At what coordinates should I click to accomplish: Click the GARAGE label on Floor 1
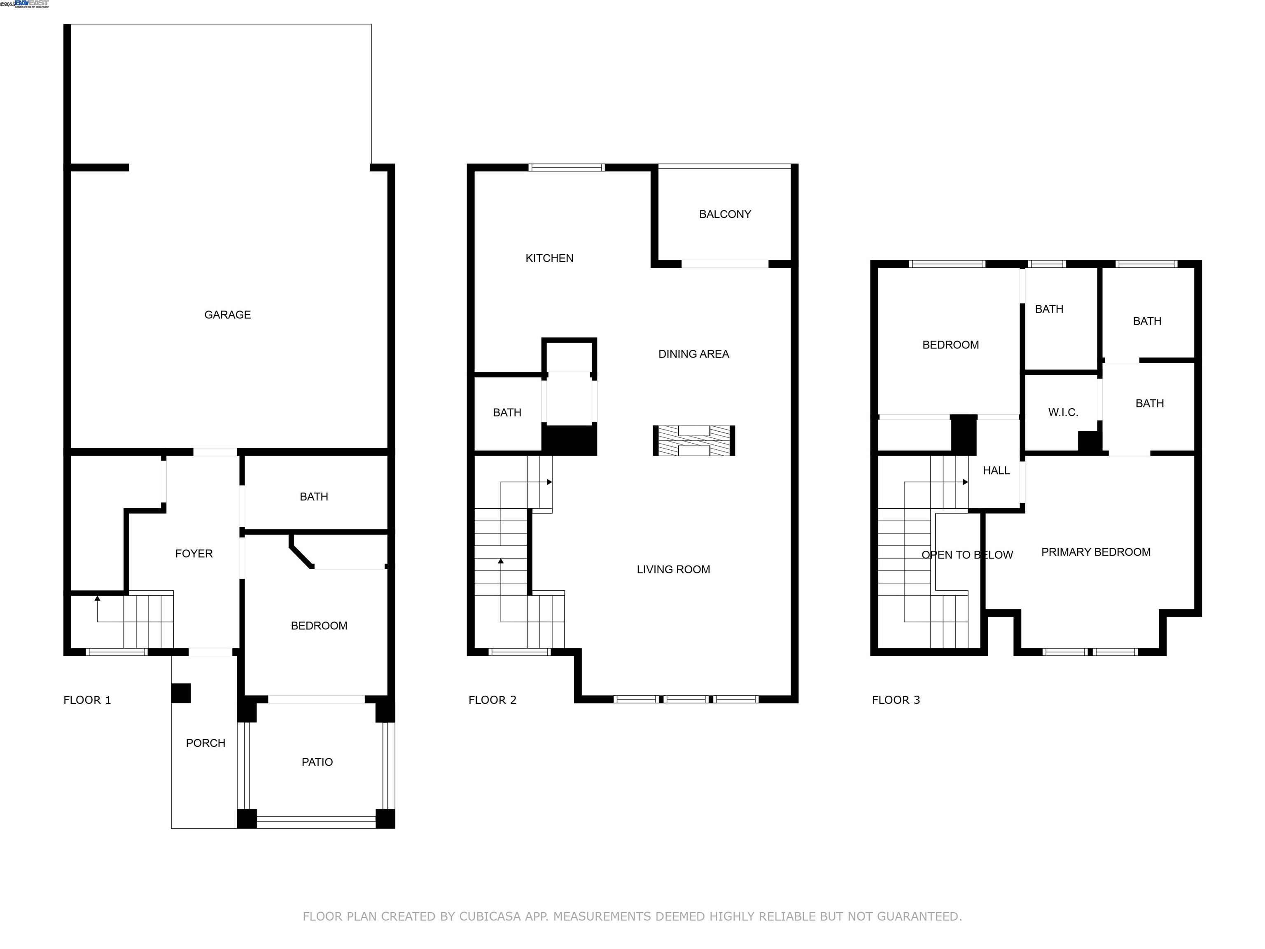point(228,315)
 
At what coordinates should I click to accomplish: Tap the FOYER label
point(194,553)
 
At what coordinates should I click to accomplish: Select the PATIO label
point(317,762)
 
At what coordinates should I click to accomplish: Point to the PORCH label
point(205,743)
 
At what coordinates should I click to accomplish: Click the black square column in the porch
point(181,693)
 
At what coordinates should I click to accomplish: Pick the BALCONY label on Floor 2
point(725,214)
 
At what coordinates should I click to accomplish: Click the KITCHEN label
point(549,258)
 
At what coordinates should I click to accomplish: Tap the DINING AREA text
point(693,354)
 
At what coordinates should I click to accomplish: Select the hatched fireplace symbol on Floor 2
point(694,440)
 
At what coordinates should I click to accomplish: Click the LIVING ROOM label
point(673,569)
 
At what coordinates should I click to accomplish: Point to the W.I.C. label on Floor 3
point(1062,412)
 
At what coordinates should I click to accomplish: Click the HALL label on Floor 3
point(996,470)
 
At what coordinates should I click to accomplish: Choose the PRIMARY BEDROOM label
point(1095,552)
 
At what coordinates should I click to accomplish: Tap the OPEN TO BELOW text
point(966,555)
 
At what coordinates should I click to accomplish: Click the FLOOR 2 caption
point(492,700)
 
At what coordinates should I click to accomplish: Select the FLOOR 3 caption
point(896,700)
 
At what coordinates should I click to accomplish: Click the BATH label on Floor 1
point(313,496)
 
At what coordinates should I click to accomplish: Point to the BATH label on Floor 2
point(506,412)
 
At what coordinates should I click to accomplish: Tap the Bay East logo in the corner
point(31,4)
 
